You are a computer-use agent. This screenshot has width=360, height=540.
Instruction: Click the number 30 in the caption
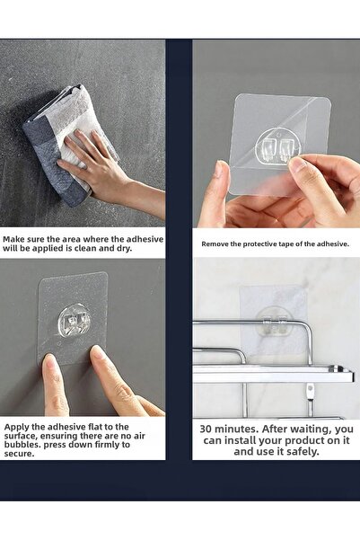[x=206, y=429]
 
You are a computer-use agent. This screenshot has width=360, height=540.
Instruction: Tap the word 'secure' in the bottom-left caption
[x=20, y=454]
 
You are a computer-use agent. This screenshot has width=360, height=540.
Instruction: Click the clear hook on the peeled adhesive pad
[x=277, y=147]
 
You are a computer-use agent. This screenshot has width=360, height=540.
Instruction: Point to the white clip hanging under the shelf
[x=311, y=391]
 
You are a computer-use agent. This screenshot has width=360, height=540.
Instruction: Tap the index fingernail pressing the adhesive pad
[x=97, y=352]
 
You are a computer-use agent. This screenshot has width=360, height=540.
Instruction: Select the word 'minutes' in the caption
[x=235, y=429]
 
